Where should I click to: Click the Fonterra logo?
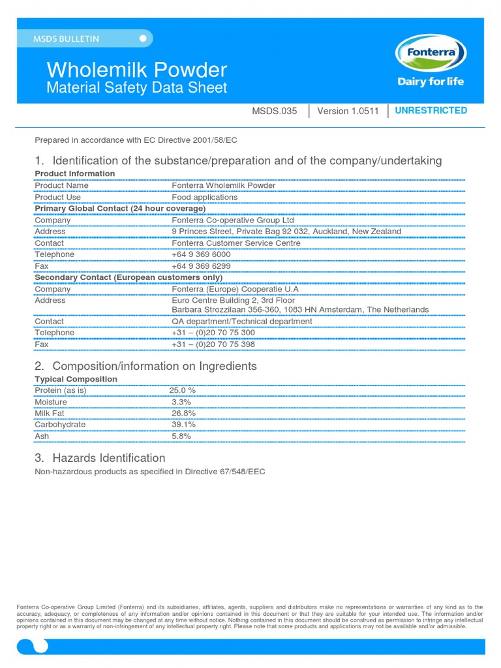tap(431, 53)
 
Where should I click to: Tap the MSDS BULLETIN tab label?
tap(67, 39)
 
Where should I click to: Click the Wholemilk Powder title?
tap(136, 70)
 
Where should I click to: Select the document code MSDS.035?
tap(274, 111)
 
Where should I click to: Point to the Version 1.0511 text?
tap(347, 111)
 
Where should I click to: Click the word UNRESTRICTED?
tap(431, 110)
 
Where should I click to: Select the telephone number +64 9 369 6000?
tap(201, 254)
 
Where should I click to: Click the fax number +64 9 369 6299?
tap(201, 266)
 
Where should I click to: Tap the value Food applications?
tap(204, 197)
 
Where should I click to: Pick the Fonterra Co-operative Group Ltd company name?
tap(233, 220)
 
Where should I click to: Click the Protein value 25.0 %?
tap(183, 390)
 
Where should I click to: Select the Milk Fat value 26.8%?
tap(184, 413)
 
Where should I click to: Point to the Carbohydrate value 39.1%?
tap(184, 425)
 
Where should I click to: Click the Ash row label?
tap(42, 436)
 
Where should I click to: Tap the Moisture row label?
tap(50, 402)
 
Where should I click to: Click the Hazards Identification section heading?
tap(108, 458)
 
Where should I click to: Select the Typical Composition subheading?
tap(76, 379)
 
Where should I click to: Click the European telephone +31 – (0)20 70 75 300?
tap(213, 333)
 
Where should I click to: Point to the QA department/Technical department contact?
tap(241, 321)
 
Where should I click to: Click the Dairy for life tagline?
tap(431, 82)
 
